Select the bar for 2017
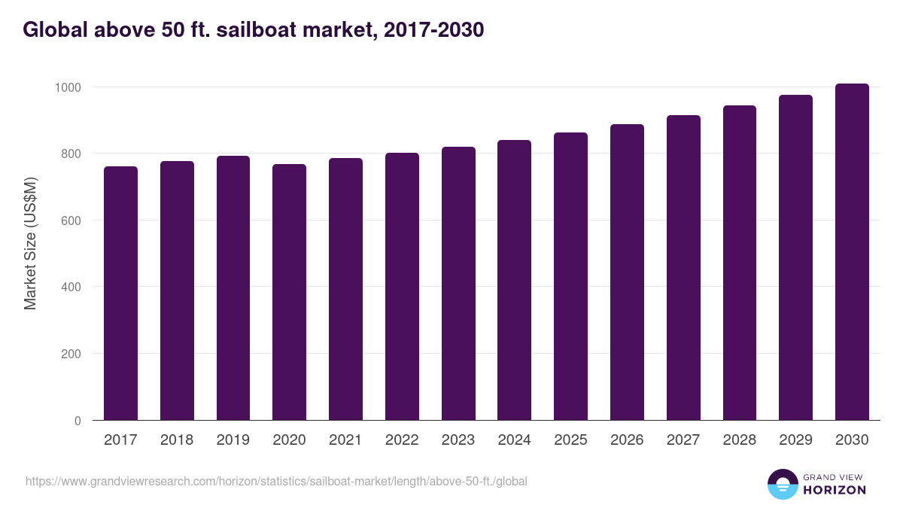pos(120,294)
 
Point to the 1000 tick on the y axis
pos(67,87)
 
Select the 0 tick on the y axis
pos(78,421)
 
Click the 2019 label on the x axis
pos(233,440)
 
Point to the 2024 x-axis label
pos(514,440)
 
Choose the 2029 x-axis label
pos(795,440)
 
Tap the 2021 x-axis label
pos(345,440)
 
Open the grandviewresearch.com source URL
pos(276,481)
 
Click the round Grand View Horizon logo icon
pos(782,484)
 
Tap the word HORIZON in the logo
pos(835,490)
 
